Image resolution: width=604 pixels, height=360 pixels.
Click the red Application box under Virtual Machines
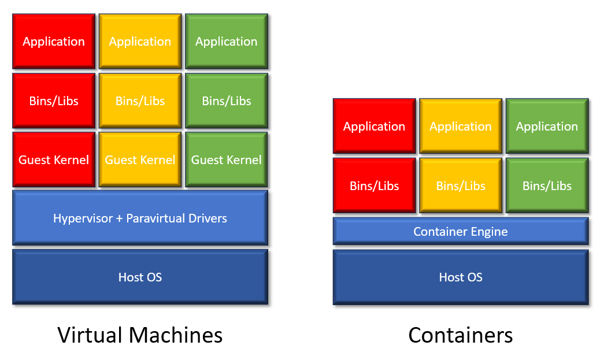(x=54, y=42)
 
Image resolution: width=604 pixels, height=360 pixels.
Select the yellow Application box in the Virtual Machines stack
(x=140, y=42)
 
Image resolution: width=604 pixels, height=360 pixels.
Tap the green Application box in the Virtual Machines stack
(x=226, y=42)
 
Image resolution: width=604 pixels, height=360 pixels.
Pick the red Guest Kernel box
(x=54, y=160)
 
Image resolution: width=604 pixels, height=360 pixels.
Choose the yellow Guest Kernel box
(x=140, y=160)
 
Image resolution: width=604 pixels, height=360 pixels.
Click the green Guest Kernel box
(x=226, y=160)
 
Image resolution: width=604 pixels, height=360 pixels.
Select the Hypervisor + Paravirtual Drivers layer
(x=140, y=218)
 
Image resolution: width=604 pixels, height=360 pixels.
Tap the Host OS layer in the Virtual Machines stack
(x=140, y=277)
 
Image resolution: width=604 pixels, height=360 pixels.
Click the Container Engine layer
(x=461, y=232)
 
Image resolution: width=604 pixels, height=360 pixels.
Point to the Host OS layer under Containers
(x=461, y=277)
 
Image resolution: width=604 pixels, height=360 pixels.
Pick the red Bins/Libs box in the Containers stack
(x=374, y=186)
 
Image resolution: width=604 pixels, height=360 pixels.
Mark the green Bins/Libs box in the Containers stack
(x=547, y=186)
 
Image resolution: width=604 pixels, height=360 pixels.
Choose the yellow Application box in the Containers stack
(x=461, y=127)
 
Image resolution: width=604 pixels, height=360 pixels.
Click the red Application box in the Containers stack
(x=374, y=127)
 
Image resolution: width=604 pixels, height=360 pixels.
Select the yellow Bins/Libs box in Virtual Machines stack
(x=140, y=101)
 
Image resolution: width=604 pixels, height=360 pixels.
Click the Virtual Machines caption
(x=140, y=335)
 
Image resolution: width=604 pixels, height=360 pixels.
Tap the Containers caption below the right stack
(x=461, y=335)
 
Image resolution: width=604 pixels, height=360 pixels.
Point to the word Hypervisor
(x=80, y=218)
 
